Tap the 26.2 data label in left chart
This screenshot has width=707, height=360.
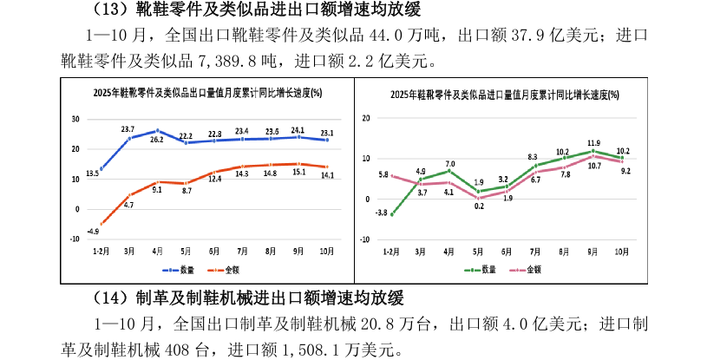tap(157, 139)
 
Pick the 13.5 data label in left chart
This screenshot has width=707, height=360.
tap(91, 174)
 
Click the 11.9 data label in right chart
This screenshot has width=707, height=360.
tap(593, 143)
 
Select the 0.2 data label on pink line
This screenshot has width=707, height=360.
tap(479, 206)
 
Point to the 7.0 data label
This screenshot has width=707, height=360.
tap(450, 163)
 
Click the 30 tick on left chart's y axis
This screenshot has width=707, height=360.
tap(76, 120)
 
